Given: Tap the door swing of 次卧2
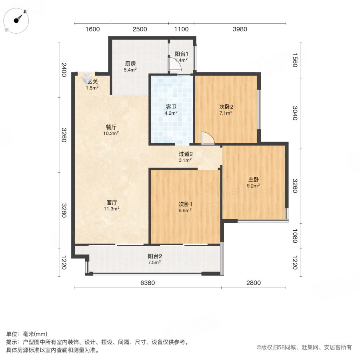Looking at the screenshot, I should click(x=208, y=138).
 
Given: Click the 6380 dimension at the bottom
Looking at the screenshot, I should click(x=148, y=283).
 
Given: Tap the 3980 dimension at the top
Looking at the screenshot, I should click(x=240, y=29).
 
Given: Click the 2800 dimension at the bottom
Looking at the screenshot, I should click(x=253, y=283).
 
